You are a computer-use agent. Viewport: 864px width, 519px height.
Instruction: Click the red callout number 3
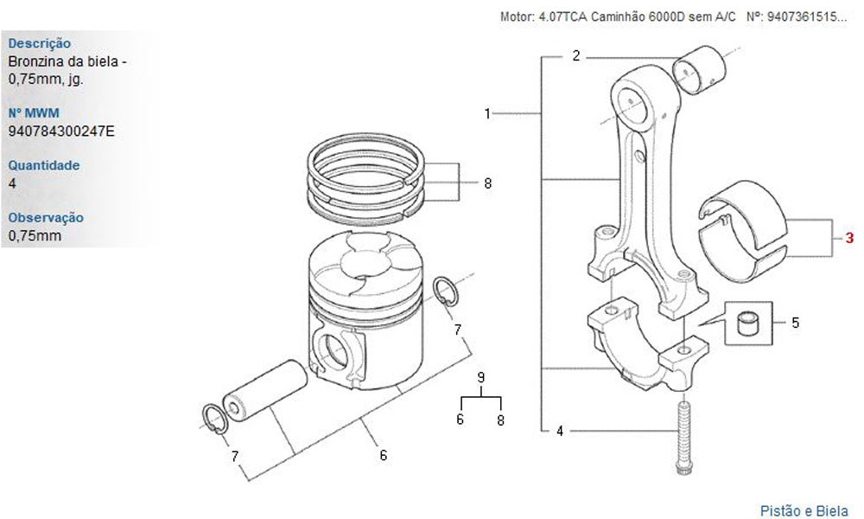[849, 238]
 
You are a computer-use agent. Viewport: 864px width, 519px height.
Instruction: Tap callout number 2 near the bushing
[576, 55]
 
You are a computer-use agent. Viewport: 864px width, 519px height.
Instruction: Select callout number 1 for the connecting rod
[487, 113]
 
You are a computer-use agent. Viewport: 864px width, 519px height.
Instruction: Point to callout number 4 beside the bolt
[560, 431]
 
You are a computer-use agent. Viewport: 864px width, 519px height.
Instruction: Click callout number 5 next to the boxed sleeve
[795, 323]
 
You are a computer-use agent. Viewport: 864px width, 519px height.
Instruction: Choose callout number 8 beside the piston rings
[487, 183]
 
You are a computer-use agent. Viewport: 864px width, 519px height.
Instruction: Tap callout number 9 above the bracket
[481, 378]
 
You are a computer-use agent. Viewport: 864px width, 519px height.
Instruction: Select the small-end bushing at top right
[701, 71]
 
